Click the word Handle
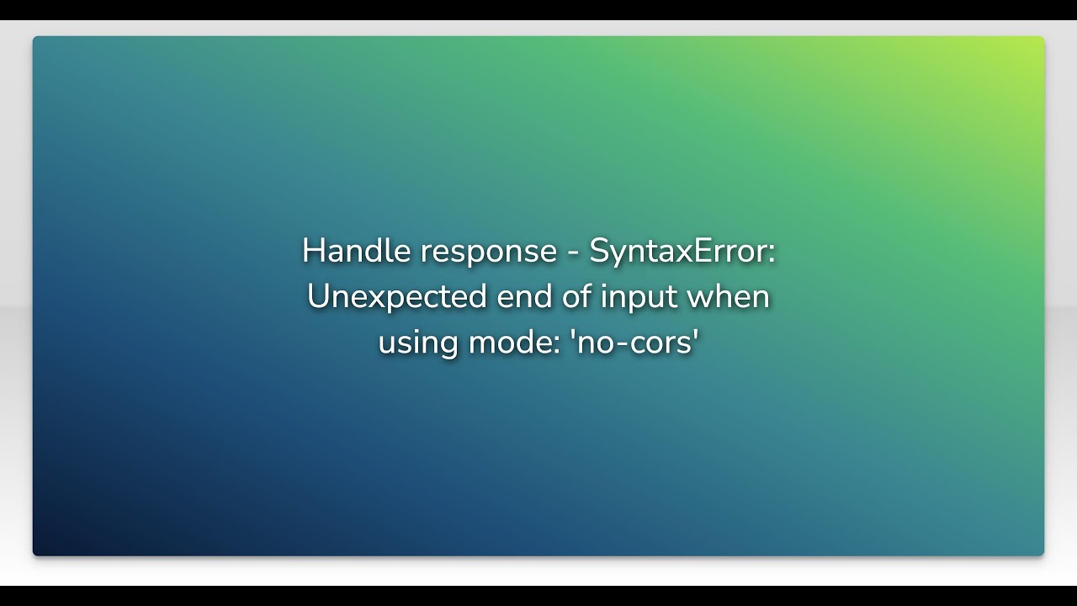click(345, 251)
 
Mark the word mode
click(502, 343)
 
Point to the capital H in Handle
click(312, 251)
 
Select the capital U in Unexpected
click(318, 297)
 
